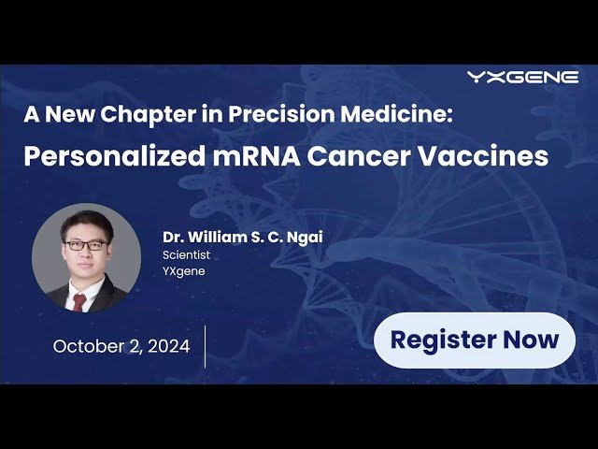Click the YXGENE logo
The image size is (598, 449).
point(522,78)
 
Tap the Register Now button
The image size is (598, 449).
point(475,340)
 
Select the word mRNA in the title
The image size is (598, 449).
point(243,156)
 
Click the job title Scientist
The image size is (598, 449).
point(186,254)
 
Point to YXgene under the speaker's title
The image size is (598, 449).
point(184,271)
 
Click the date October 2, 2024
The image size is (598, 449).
point(121,346)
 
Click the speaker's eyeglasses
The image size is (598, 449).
point(85,245)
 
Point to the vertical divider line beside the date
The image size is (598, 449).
point(205,346)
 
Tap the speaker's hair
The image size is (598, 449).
point(85,224)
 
